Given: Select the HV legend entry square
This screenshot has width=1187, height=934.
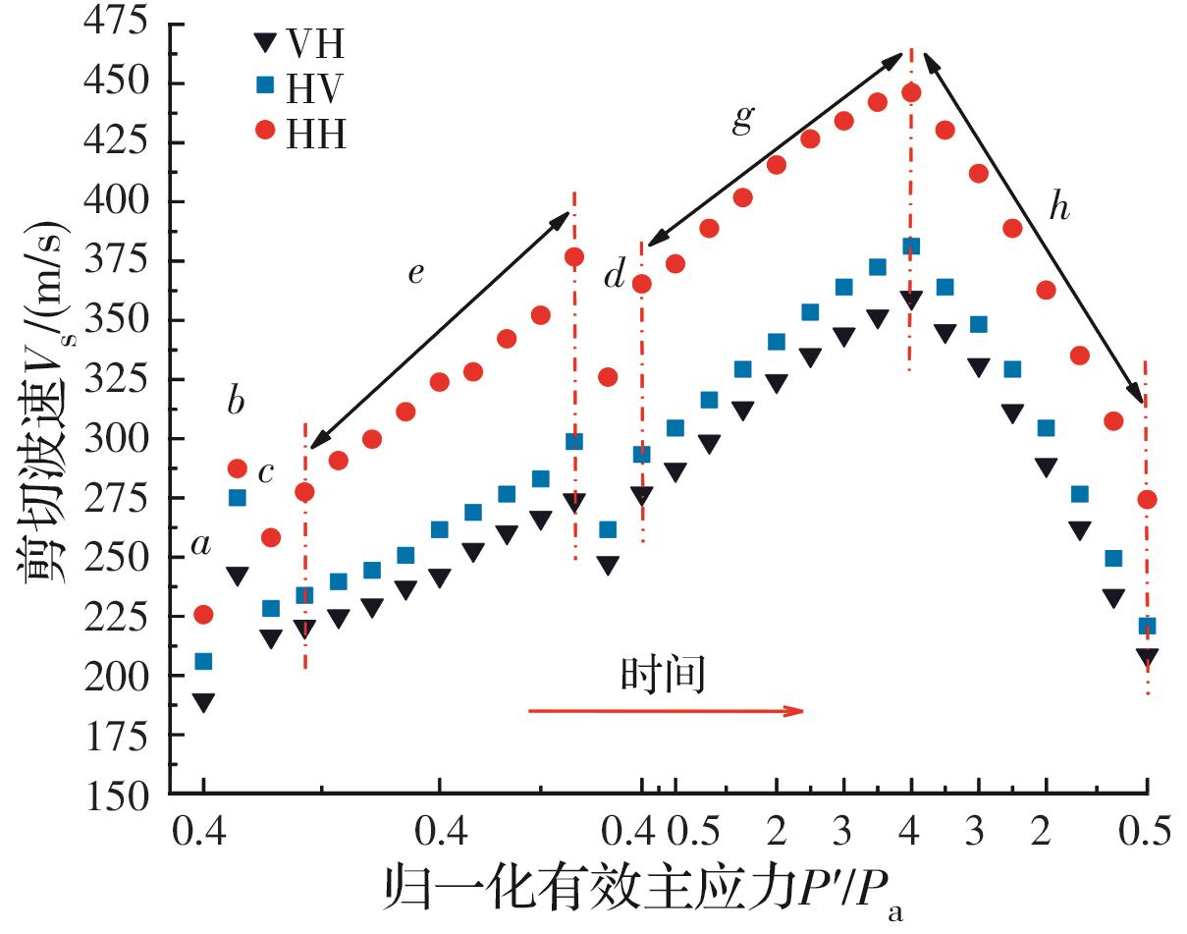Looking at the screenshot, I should pos(264,85).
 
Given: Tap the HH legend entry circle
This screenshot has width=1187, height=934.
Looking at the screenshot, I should pos(264,131).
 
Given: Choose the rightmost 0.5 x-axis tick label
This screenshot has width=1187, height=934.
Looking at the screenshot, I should pos(1146,832).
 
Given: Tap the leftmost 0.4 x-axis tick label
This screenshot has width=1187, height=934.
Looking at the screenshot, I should pos(202,832).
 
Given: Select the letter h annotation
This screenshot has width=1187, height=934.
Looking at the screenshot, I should pos(1058,208).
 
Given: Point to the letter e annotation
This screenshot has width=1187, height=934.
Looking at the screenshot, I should pos(415,272).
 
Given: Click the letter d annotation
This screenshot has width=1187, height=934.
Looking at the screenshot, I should pos(615,277).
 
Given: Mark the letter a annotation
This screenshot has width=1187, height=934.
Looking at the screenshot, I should pos(200,545).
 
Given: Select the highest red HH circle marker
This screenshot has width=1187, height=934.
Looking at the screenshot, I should pos(911,92).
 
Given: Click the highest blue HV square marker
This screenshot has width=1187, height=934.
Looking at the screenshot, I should pos(911,247).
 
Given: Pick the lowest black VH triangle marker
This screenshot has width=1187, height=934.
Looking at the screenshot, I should pos(203,702).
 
